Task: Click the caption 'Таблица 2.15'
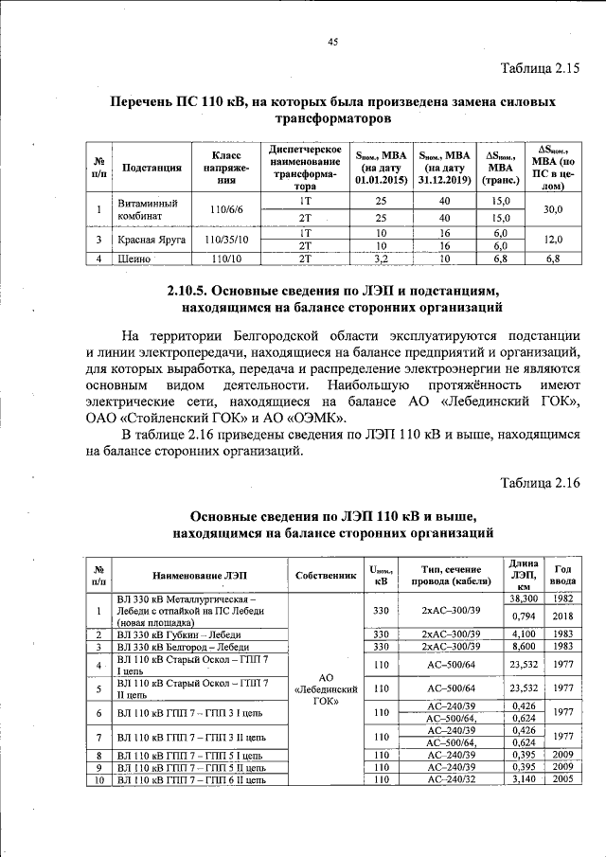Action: pyautogui.click(x=539, y=67)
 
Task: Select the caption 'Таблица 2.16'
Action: pyautogui.click(x=539, y=483)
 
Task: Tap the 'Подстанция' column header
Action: pyautogui.click(x=151, y=169)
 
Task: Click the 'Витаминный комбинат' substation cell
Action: pyautogui.click(x=141, y=209)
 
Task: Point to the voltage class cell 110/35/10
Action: pyautogui.click(x=228, y=241)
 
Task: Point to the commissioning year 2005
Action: pyautogui.click(x=563, y=779)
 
